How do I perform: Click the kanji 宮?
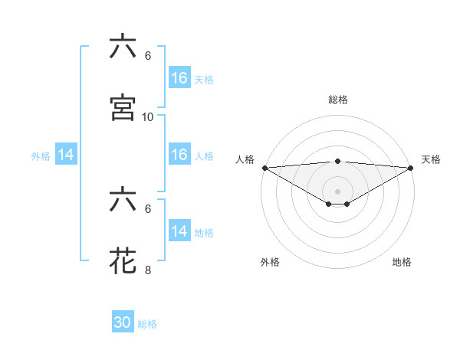coord(123,108)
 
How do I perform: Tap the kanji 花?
coord(123,260)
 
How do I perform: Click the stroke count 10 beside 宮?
coord(148,116)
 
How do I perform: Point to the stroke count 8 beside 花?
coord(148,269)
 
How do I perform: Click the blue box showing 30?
coord(123,323)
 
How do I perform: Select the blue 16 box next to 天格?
coord(179,78)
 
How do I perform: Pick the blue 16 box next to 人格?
coord(179,155)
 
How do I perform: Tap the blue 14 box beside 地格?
coord(179,231)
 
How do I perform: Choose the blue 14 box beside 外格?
coord(66,155)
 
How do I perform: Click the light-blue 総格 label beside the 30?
coord(147,325)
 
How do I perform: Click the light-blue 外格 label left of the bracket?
coord(41,156)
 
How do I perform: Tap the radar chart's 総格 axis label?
coord(337,100)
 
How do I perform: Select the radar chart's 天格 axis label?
coord(432,159)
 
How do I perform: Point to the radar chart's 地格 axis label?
coord(402,262)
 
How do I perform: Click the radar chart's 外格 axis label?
coord(270,262)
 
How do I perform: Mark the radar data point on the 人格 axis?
coord(264,167)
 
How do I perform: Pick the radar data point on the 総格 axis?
coord(337,161)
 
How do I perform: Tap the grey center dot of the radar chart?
coord(337,191)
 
